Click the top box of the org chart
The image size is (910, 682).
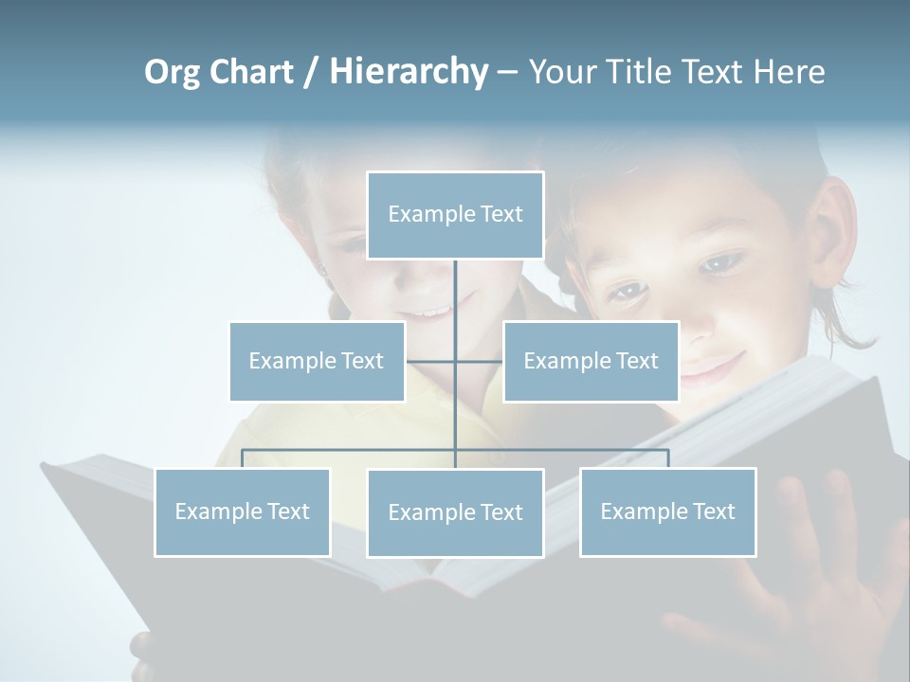(455, 215)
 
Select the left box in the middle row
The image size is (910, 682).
(317, 361)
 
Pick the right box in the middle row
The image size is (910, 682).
(591, 361)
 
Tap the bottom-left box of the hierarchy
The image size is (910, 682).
(243, 511)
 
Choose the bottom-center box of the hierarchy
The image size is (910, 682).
(455, 512)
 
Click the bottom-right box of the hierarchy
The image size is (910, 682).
(667, 511)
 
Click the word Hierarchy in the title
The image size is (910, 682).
(408, 72)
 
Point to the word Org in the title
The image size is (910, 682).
(172, 72)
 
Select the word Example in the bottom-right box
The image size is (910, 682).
(642, 511)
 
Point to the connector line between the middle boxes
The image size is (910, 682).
(455, 361)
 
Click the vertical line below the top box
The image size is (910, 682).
(455, 294)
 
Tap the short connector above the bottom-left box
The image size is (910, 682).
(243, 458)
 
